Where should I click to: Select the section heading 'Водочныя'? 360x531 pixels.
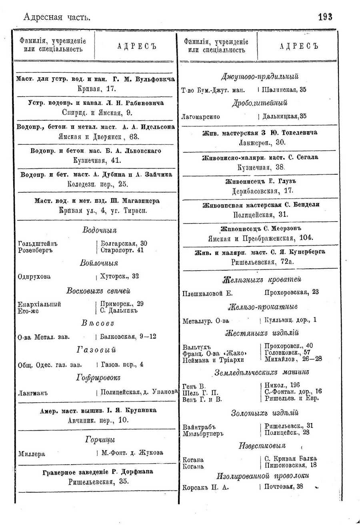[100, 230]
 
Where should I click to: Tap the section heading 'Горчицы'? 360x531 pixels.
[100, 440]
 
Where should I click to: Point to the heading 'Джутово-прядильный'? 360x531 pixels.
[260, 76]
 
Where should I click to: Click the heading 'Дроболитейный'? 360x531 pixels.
[260, 103]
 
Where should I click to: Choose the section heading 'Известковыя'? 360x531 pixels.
[262, 445]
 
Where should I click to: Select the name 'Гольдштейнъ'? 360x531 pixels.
[38, 244]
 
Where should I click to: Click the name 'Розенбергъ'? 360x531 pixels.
[35, 250]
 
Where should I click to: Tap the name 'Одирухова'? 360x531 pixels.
[34, 276]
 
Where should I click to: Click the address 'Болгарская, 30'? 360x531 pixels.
[124, 244]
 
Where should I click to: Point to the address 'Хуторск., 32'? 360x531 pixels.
[120, 276]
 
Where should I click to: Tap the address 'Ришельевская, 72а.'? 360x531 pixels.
[262, 262]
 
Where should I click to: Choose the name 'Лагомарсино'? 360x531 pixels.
[201, 117]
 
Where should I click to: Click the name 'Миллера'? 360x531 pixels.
[32, 454]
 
